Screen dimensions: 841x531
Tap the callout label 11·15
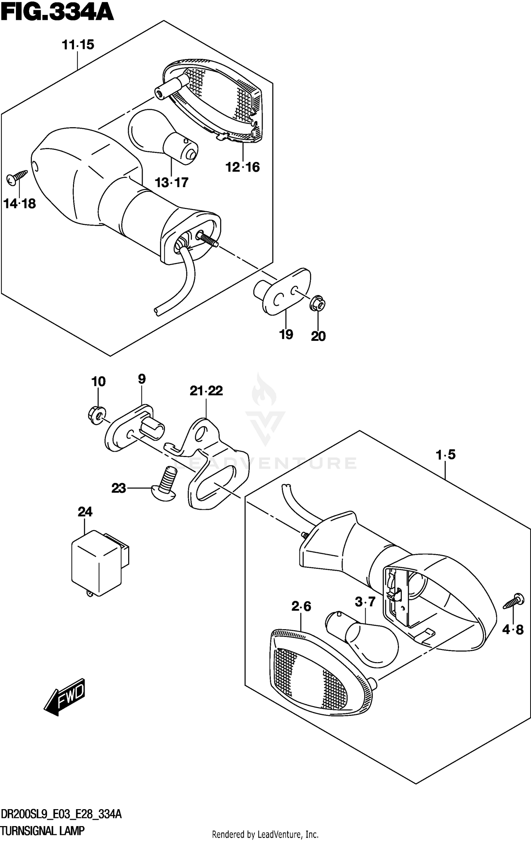[78, 45]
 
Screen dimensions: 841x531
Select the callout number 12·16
[242, 167]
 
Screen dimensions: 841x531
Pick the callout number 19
[286, 334]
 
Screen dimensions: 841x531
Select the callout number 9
[142, 379]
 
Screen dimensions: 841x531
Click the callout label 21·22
[206, 391]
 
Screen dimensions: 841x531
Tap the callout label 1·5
[446, 455]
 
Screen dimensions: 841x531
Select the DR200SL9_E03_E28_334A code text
[61, 815]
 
